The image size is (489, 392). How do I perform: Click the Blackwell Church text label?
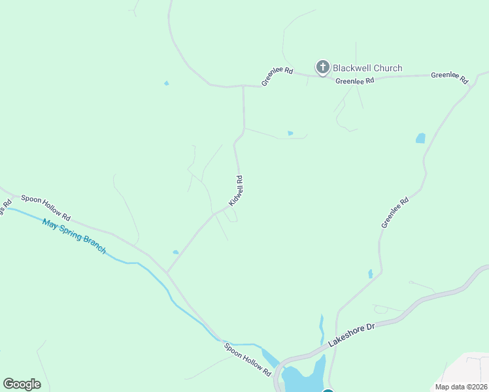tap(367, 68)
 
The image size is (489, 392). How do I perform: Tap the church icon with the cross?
tap(322, 67)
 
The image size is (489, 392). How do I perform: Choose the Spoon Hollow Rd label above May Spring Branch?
tap(45, 207)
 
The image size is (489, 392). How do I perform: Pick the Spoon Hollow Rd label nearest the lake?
tap(247, 359)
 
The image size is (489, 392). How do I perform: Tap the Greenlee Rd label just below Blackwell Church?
tap(355, 81)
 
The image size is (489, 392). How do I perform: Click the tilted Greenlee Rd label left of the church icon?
tap(277, 76)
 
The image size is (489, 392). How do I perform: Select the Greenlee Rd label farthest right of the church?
tap(450, 78)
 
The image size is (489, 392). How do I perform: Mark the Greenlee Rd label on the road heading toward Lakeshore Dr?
tap(395, 212)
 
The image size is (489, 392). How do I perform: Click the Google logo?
tap(22, 384)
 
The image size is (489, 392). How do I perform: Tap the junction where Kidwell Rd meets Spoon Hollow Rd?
tap(167, 272)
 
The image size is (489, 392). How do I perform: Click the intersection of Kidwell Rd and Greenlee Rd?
tap(243, 86)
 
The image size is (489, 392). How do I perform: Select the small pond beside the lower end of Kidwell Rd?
tap(175, 252)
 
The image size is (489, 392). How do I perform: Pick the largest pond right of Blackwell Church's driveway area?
tap(420, 138)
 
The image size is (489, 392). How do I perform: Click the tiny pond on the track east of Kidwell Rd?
tap(290, 133)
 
